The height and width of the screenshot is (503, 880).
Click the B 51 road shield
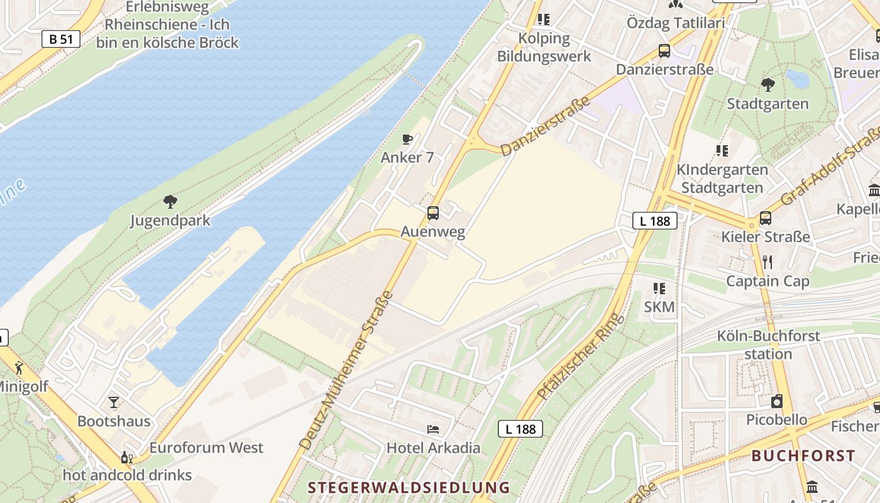pyautogui.click(x=61, y=39)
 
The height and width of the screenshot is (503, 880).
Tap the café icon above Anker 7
pyautogui.click(x=407, y=139)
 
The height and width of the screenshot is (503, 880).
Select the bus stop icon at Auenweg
pyautogui.click(x=433, y=213)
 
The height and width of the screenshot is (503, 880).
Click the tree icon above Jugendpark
pyautogui.click(x=170, y=202)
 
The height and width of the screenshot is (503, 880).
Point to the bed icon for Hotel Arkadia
pyautogui.click(x=433, y=429)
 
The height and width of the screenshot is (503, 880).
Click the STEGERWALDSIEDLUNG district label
pyautogui.click(x=409, y=487)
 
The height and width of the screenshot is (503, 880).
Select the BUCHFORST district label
pyautogui.click(x=803, y=456)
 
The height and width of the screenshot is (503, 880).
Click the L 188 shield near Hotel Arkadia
pyautogui.click(x=520, y=429)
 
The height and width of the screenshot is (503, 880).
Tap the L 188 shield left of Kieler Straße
pyautogui.click(x=654, y=221)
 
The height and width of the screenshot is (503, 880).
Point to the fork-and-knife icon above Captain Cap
pyautogui.click(x=767, y=262)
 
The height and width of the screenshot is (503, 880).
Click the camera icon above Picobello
pyautogui.click(x=777, y=401)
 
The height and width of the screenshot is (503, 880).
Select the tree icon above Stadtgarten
pyautogui.click(x=767, y=85)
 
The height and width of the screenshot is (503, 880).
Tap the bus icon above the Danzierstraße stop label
pyautogui.click(x=664, y=51)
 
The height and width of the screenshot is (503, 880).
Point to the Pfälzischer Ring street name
pyautogui.click(x=581, y=357)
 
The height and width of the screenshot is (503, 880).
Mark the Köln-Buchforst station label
pyautogui.click(x=768, y=345)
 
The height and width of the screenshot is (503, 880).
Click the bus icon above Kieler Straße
pyautogui.click(x=765, y=218)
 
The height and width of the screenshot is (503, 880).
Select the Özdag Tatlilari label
pyautogui.click(x=676, y=23)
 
